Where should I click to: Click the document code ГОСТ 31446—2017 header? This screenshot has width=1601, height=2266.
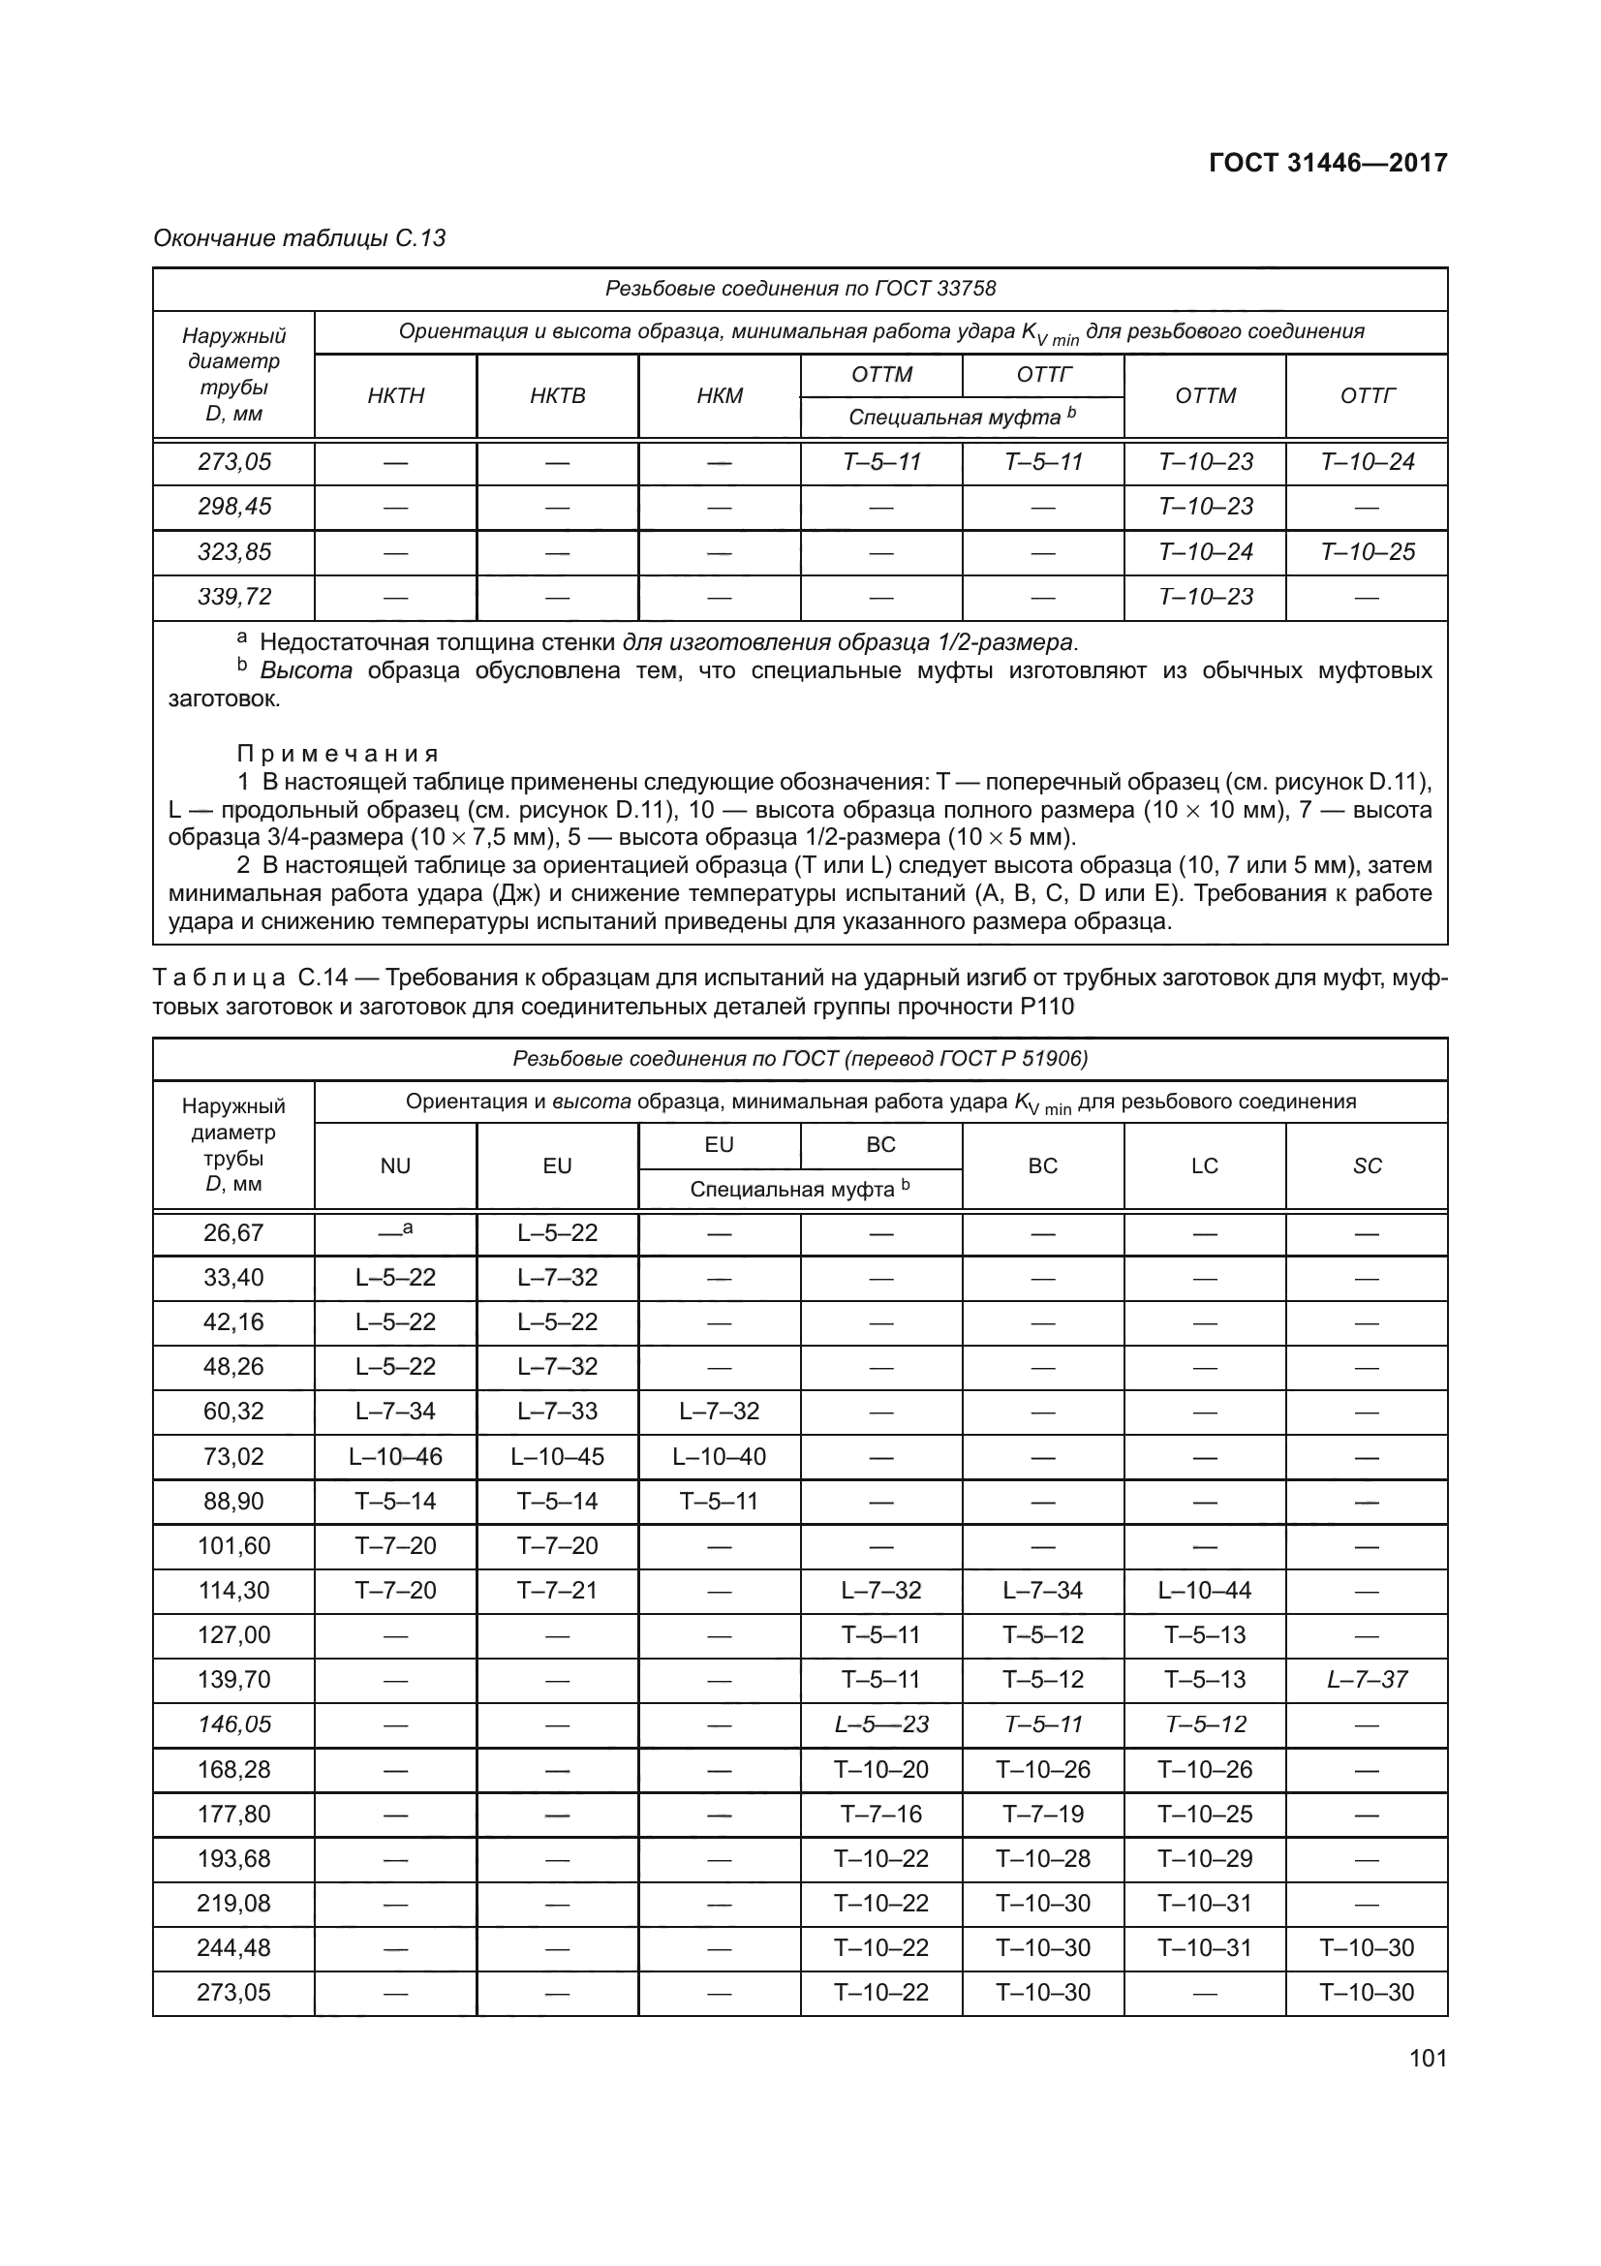click(1328, 164)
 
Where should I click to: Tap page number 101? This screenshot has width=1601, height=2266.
click(1428, 2058)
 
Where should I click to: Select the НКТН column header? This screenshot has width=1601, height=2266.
click(395, 396)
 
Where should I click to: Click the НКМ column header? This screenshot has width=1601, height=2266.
click(719, 396)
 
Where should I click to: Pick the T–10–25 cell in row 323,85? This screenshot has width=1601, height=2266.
click(1367, 551)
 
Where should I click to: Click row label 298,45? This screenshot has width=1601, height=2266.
click(233, 507)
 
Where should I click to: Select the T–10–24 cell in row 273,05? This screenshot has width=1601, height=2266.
click(1367, 462)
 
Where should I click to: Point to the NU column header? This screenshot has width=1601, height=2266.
click(395, 1165)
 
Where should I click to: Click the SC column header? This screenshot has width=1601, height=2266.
click(1367, 1165)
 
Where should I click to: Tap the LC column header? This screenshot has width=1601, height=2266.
click(1205, 1165)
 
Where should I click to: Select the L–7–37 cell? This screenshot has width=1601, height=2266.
click(1367, 1680)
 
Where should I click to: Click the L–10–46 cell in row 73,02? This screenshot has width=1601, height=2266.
click(395, 1457)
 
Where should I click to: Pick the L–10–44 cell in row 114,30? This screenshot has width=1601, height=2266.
click(1205, 1590)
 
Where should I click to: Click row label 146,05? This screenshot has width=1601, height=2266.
click(233, 1724)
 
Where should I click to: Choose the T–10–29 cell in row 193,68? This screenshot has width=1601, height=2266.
click(1205, 1858)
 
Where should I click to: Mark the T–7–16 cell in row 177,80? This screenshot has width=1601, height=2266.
click(881, 1814)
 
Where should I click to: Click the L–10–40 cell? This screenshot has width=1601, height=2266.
click(719, 1457)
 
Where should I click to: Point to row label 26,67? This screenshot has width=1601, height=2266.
click(233, 1232)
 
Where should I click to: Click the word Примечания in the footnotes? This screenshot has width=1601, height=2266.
click(337, 754)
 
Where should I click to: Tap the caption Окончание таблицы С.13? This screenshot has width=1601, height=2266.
click(300, 238)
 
